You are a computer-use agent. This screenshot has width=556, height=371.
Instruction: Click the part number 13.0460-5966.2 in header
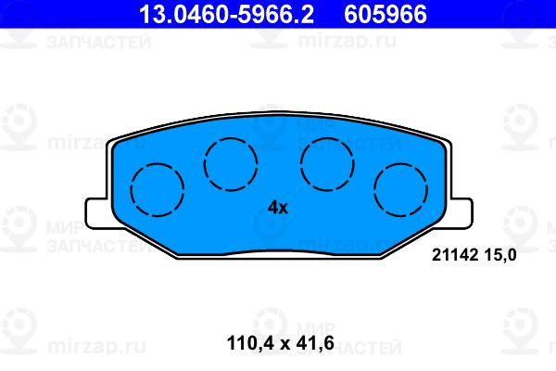pyautogui.click(x=226, y=14)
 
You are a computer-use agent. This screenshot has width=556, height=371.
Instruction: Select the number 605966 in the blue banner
pyautogui.click(x=385, y=14)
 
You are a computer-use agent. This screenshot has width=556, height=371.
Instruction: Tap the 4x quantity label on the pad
pyautogui.click(x=278, y=208)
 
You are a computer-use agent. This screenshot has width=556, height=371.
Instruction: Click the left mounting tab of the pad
pyautogui.click(x=97, y=213)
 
